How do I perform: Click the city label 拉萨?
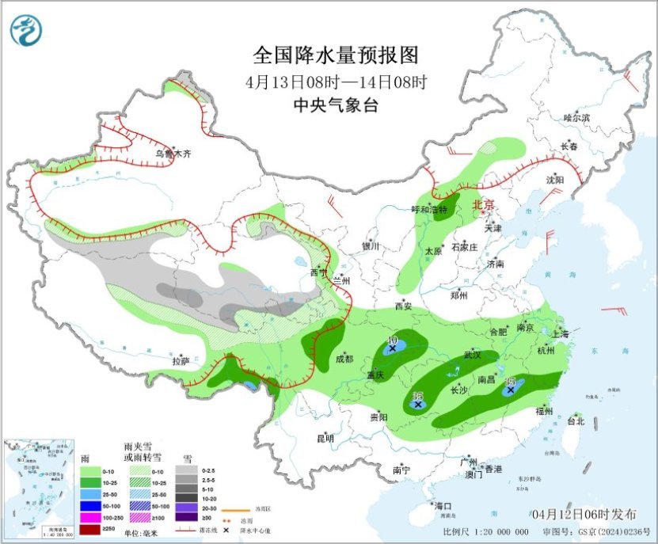pos(181,361)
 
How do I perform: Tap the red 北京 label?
pos(483,205)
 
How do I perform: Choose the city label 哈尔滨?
pos(576,117)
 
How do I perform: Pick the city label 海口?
pos(442,506)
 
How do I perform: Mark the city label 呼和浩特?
pos(429,210)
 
